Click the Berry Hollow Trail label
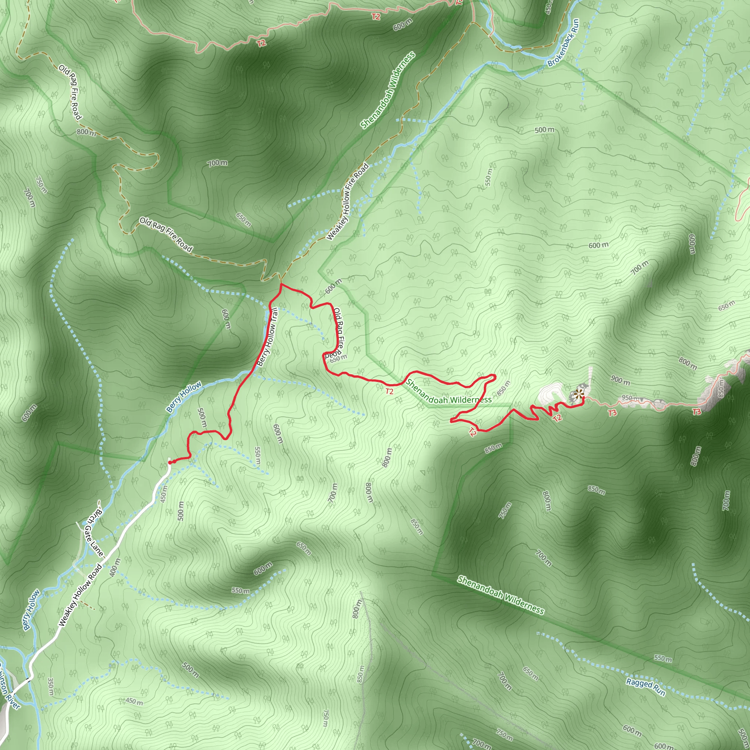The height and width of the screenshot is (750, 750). pyautogui.click(x=268, y=337)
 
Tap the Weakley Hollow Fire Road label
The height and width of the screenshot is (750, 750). pyautogui.click(x=348, y=201)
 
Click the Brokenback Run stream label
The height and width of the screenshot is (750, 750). pyautogui.click(x=563, y=43)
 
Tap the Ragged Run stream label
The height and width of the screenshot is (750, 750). pyautogui.click(x=646, y=687)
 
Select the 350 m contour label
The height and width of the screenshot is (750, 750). pyautogui.click(x=50, y=687)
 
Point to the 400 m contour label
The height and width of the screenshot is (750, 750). pyautogui.click(x=115, y=567)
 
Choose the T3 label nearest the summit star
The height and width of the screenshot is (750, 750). pyautogui.click(x=612, y=413)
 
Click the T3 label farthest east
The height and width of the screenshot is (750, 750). pyautogui.click(x=697, y=412)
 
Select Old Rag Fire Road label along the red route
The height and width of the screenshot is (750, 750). pyautogui.click(x=337, y=333)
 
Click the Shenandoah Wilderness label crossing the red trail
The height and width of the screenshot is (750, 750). pyautogui.click(x=448, y=392)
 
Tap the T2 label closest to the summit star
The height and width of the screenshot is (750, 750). pyautogui.click(x=557, y=418)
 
